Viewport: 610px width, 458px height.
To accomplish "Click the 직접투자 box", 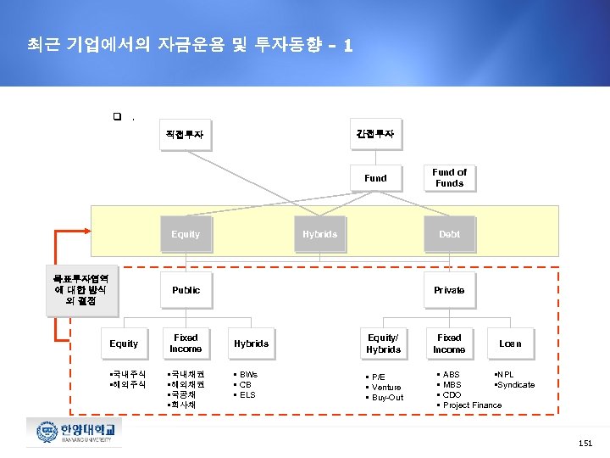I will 185,134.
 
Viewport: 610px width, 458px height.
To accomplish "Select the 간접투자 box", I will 375,134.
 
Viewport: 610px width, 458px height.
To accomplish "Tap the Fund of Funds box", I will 449,177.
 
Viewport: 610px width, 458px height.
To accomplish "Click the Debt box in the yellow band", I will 449,234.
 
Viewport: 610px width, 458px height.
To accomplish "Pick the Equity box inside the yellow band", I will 186,234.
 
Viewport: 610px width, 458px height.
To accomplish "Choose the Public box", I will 186,290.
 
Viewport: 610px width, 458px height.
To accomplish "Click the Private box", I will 449,290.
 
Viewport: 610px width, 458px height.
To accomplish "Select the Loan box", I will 510,343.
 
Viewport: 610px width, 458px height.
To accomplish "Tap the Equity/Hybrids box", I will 383,343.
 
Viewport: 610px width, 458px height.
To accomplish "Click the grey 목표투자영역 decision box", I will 82,288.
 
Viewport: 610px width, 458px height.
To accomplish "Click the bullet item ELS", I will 247,395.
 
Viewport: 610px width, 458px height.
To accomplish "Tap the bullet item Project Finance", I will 472,405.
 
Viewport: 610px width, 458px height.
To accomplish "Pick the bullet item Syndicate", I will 516,385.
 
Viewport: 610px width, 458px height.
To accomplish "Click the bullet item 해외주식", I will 129,385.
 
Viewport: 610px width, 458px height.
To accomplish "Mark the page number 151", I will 585,444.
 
